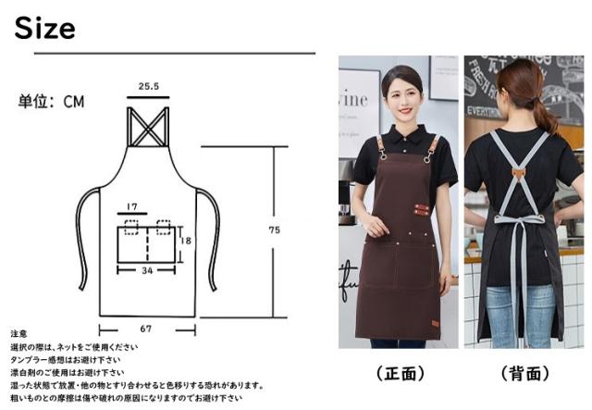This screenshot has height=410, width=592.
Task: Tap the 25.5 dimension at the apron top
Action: click(149, 87)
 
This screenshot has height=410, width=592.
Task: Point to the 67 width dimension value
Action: click(148, 328)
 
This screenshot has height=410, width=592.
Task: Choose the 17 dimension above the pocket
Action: click(132, 206)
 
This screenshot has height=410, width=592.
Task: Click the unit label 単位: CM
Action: click(51, 102)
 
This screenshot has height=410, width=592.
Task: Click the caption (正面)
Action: click(400, 374)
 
